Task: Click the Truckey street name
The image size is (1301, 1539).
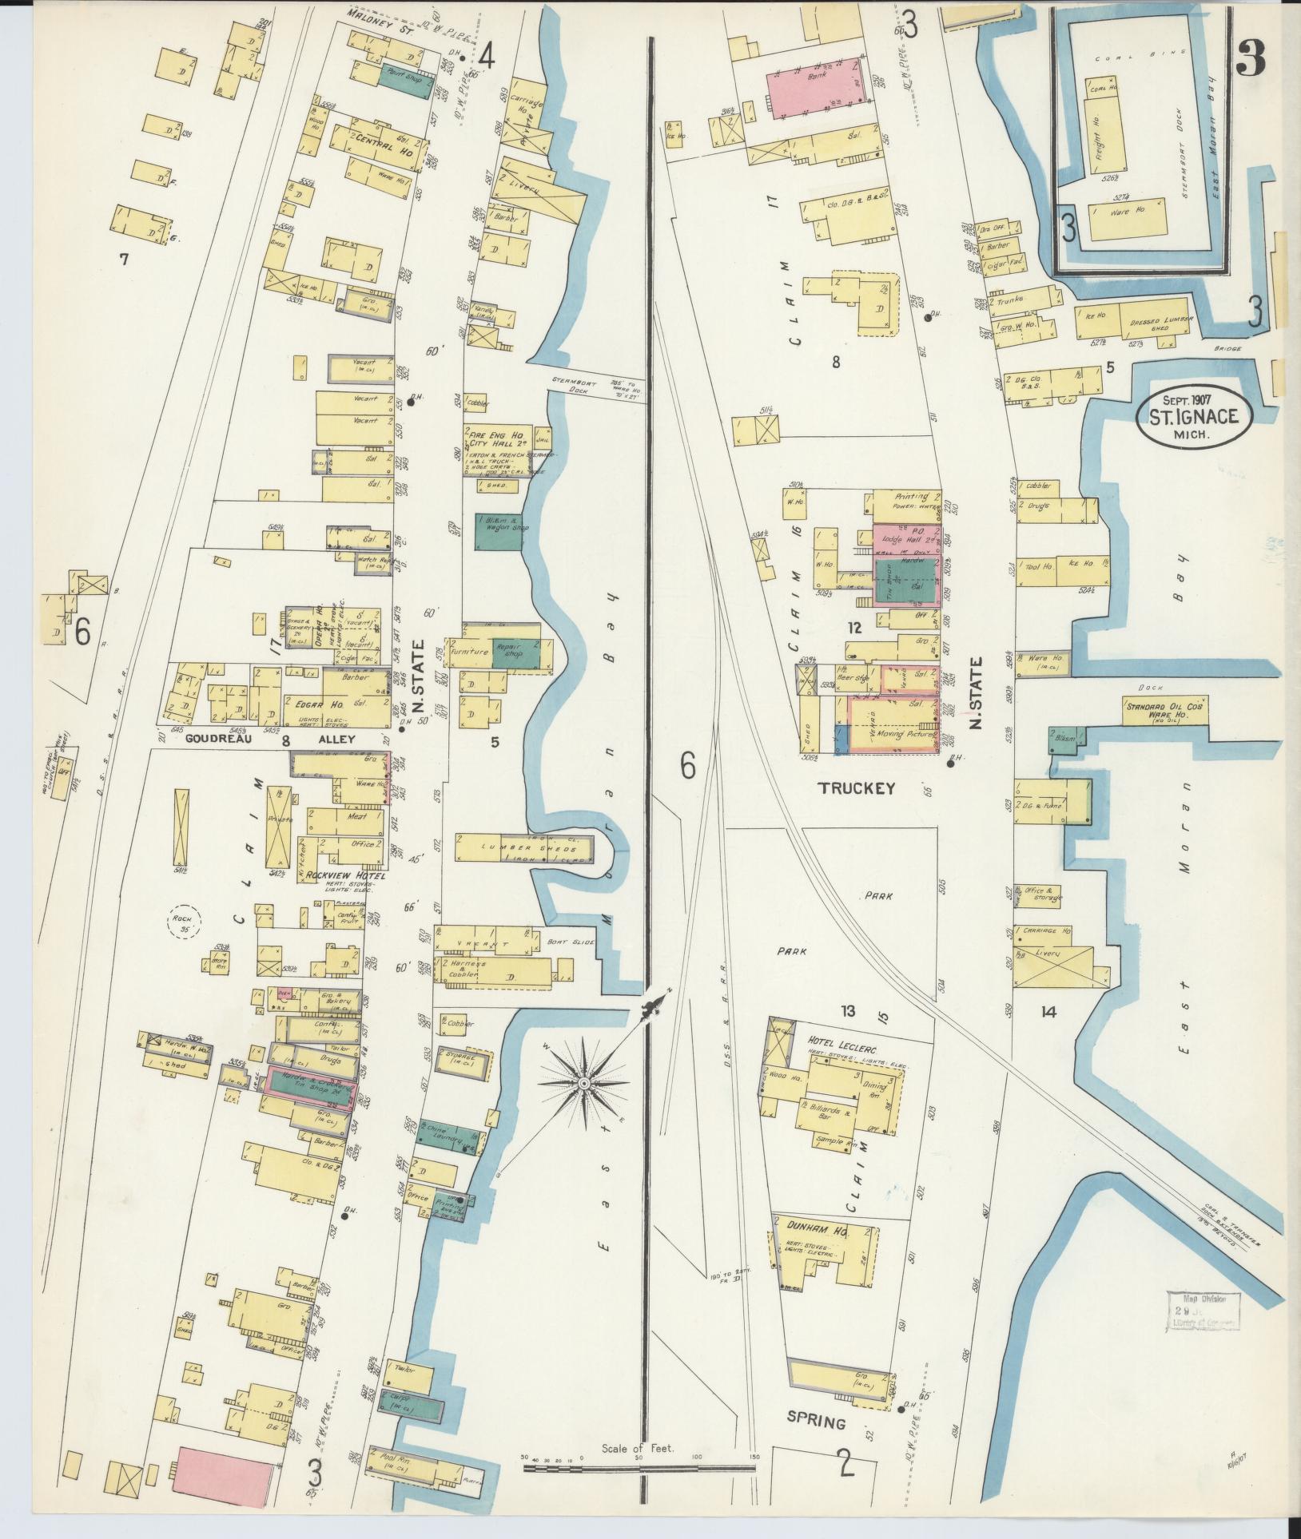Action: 855,788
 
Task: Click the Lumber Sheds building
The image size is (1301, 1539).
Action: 524,848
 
